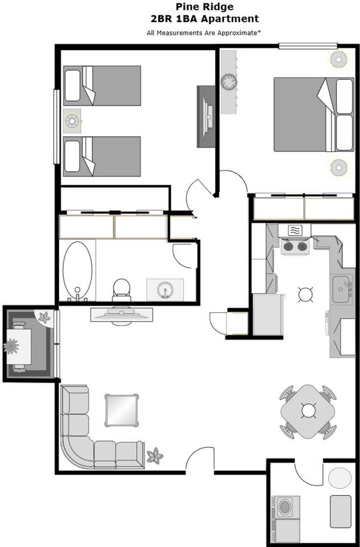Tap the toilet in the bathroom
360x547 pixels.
121,289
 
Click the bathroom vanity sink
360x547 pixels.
165,289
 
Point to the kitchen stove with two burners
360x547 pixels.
296,247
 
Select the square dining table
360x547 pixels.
308,411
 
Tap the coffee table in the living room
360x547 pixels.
121,410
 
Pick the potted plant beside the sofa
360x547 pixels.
154,456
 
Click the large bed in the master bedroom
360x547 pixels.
313,115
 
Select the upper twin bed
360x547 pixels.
102,85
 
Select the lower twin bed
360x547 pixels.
102,156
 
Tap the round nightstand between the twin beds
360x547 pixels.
72,121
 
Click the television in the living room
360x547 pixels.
121,313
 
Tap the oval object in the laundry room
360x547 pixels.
340,477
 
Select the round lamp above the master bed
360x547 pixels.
339,58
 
